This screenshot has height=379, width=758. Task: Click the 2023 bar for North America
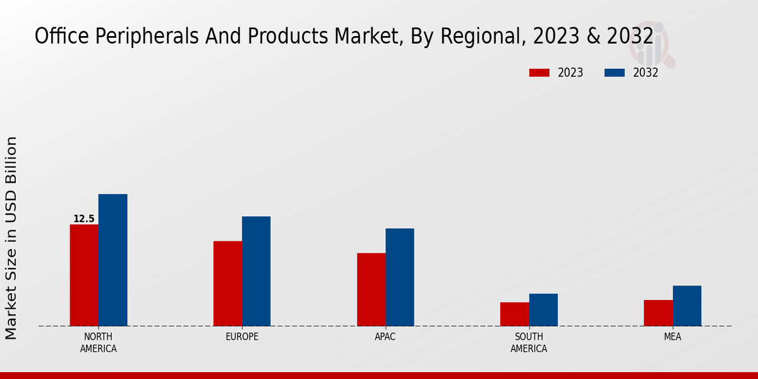(84, 275)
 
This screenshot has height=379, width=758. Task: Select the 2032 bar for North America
(112, 260)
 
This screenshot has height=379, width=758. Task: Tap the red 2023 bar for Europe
(227, 284)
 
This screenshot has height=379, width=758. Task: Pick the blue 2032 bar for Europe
(256, 272)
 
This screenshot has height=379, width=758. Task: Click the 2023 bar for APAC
(371, 289)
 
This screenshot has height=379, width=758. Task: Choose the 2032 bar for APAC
(399, 277)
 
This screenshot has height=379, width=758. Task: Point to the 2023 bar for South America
(514, 314)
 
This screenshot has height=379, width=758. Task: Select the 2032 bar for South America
(543, 310)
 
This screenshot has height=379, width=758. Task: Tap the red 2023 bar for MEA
(658, 313)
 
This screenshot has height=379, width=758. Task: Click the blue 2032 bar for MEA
(687, 306)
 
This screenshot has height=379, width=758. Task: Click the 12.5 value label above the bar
(84, 219)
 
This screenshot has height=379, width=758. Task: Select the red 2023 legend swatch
(539, 73)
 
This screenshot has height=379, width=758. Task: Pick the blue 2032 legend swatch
(615, 73)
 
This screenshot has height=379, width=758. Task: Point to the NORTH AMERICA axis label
(99, 342)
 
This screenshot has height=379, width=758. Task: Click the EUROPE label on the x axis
(242, 337)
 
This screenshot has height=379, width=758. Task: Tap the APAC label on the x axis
(385, 337)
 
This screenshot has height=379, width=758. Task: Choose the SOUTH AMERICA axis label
(529, 342)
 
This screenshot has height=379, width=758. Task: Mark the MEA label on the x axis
(672, 337)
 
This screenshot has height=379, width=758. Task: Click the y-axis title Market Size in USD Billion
(11, 238)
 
